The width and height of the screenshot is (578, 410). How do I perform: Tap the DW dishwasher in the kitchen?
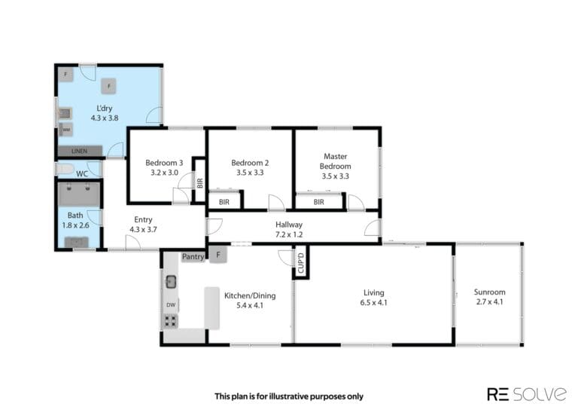(x=171, y=304)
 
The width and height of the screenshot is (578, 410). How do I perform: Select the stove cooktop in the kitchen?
(x=171, y=321)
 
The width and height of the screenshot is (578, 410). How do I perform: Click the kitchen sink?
(x=171, y=282)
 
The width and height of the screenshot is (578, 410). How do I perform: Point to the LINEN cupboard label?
(x=80, y=151)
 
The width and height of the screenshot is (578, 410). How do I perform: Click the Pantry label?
(x=193, y=256)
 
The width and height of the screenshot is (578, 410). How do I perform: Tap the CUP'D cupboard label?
(x=301, y=263)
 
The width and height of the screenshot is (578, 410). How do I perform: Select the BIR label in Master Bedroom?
(x=319, y=202)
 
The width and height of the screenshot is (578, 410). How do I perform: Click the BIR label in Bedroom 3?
(x=199, y=183)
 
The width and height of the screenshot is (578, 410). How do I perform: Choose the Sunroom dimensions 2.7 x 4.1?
(x=489, y=302)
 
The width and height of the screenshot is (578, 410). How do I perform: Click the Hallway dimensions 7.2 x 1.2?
(x=289, y=234)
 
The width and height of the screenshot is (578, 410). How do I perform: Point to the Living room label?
(x=374, y=292)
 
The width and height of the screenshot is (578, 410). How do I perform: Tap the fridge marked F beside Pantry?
(x=218, y=255)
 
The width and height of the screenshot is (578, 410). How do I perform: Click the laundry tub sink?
(x=65, y=113)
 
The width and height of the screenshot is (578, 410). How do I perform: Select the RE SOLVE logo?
(x=527, y=394)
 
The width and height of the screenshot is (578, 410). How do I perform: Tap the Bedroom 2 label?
(x=250, y=163)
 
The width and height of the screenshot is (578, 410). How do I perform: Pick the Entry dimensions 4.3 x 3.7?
(x=143, y=229)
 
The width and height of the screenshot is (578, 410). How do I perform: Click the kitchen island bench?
(x=212, y=308)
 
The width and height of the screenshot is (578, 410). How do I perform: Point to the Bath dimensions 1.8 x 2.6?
(x=75, y=225)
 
